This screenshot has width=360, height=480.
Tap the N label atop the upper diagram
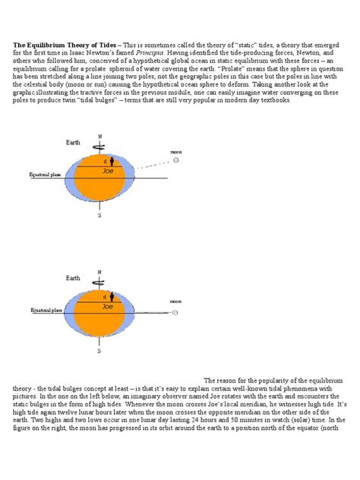(x=99, y=137)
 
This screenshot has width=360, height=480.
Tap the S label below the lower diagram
(x=99, y=352)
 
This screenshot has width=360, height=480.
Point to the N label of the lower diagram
(x=99, y=271)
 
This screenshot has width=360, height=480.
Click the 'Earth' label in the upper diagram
(x=72, y=142)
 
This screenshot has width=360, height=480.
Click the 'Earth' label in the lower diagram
(x=72, y=279)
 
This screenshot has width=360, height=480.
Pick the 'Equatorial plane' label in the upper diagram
(x=45, y=175)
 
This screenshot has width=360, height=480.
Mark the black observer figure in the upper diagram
(x=111, y=161)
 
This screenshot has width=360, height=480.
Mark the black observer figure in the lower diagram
(x=111, y=296)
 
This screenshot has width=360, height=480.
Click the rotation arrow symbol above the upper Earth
(x=99, y=146)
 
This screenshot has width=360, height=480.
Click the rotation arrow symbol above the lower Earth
(x=99, y=281)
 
